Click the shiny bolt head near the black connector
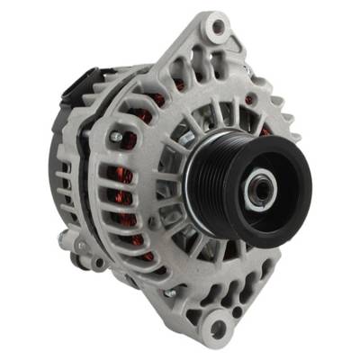click(x=116, y=137)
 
